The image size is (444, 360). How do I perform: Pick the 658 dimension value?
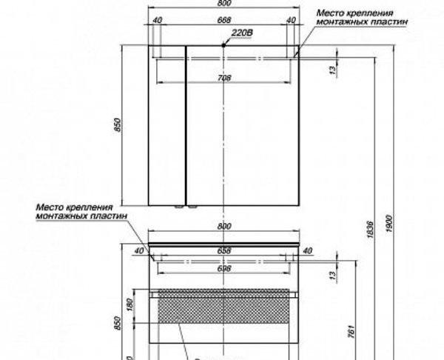click(x=224, y=250)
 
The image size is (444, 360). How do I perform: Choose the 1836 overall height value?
click(x=378, y=235)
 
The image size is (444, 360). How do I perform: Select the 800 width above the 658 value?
click(x=224, y=226)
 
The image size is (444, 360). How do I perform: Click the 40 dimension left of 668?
click(x=158, y=20)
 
